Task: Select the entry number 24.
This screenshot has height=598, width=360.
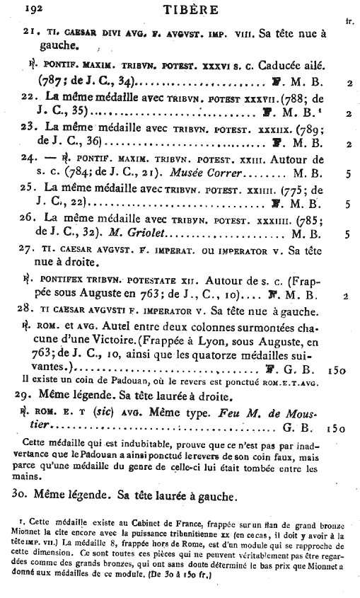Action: click(x=29, y=159)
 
